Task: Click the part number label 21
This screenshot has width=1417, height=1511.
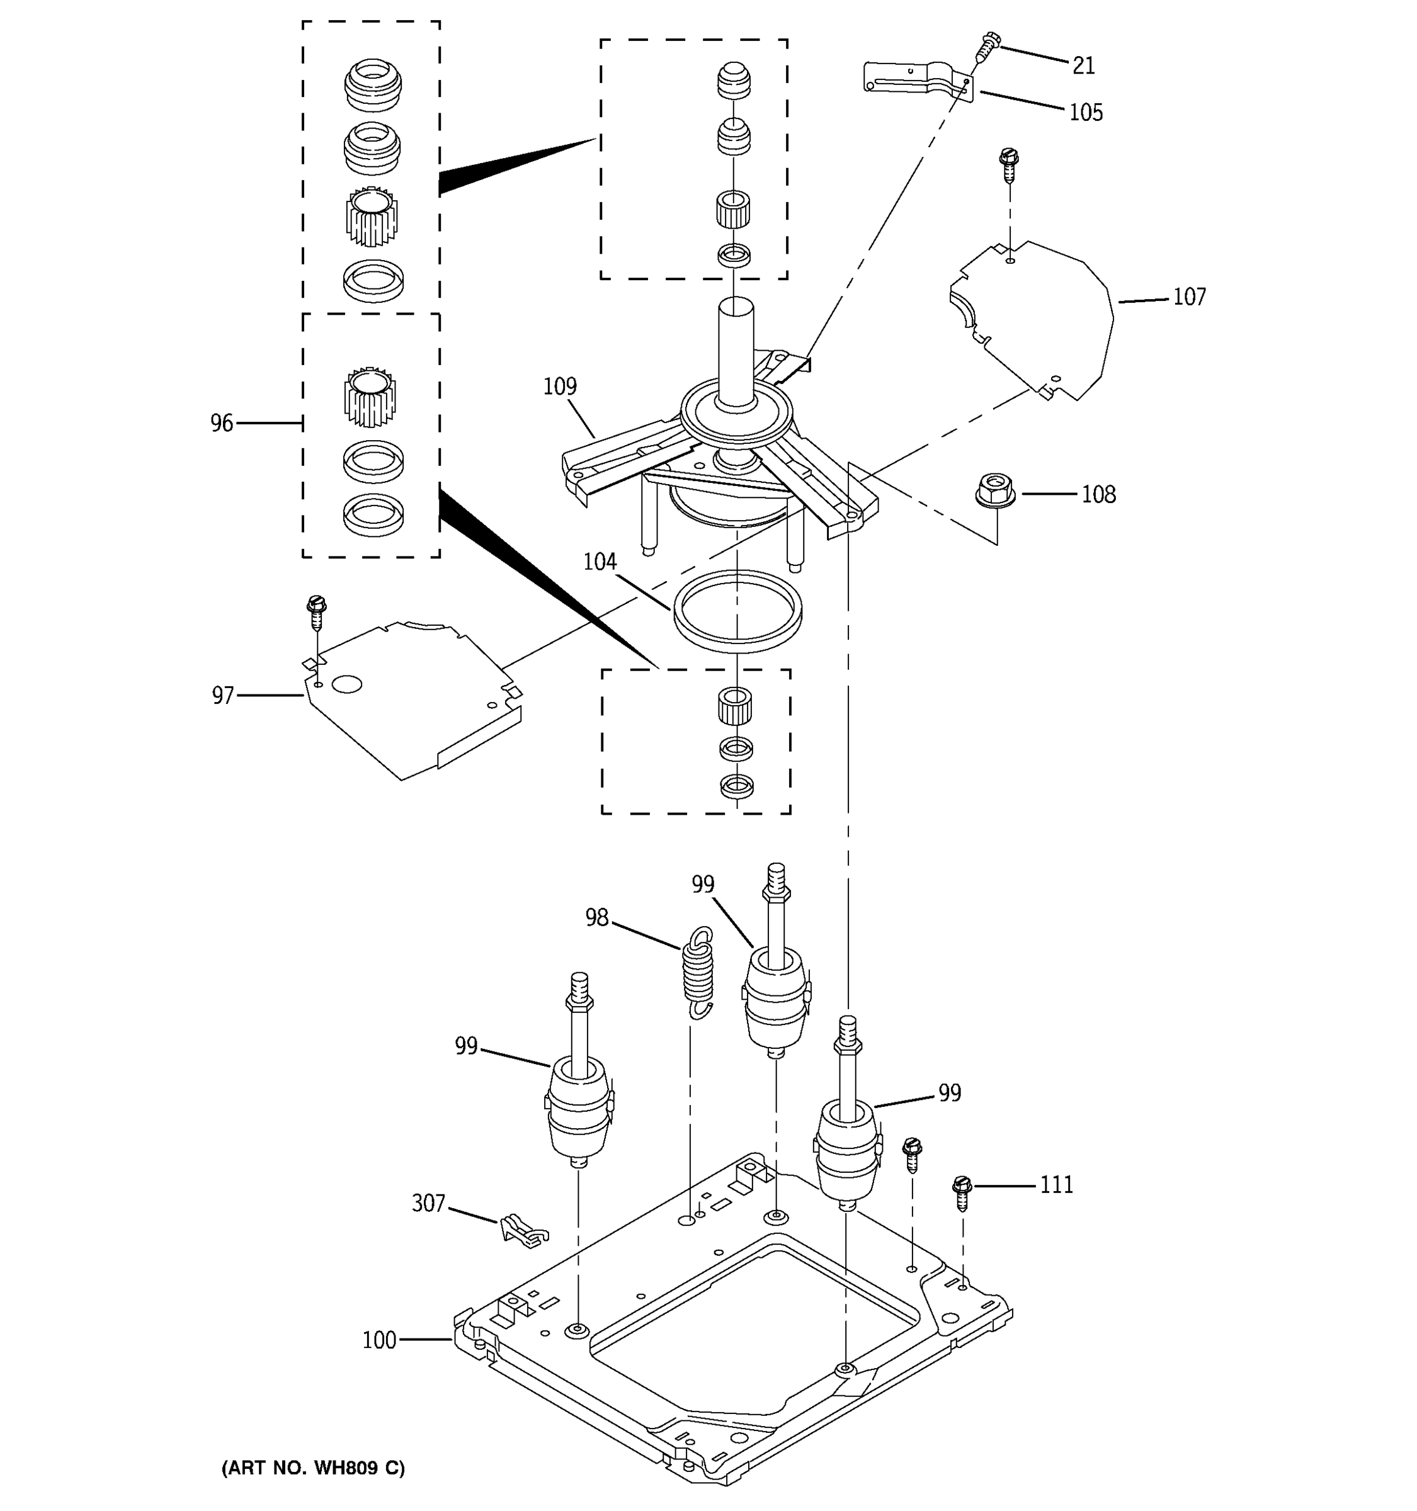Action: coord(1083,66)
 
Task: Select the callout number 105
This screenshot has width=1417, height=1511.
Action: coord(1086,113)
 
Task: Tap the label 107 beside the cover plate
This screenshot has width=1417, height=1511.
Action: coord(1189,297)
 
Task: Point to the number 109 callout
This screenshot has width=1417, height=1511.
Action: coord(559,386)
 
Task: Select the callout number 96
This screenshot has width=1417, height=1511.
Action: coord(221,423)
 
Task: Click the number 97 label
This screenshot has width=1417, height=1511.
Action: coord(223,696)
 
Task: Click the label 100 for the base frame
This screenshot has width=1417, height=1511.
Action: coord(379,1340)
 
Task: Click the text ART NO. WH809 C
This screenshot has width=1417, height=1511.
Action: coord(313,1468)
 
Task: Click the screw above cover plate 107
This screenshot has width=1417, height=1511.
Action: coord(1009,166)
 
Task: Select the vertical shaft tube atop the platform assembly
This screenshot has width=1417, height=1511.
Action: coord(736,353)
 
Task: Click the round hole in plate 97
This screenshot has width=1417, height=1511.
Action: coord(346,684)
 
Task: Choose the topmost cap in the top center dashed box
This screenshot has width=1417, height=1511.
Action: coord(734,81)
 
